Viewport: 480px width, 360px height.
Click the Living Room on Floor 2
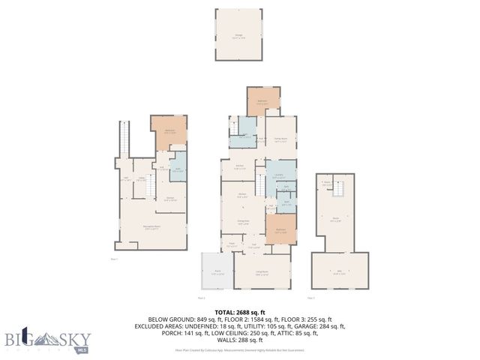[x=262, y=272]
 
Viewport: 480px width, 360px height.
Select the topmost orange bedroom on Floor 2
[x=264, y=100]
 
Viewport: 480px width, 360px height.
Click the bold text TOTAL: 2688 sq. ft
[x=241, y=312]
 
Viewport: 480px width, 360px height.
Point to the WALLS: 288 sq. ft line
[x=241, y=340]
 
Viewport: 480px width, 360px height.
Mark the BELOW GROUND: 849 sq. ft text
[x=184, y=319]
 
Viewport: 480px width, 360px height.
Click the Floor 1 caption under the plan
[x=115, y=258]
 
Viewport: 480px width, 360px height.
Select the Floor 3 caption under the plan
[x=320, y=298]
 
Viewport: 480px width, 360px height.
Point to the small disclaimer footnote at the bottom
[x=241, y=349]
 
